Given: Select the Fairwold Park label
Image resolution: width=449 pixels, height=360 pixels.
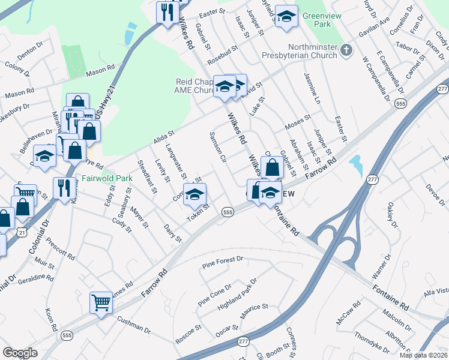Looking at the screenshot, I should click(107, 178).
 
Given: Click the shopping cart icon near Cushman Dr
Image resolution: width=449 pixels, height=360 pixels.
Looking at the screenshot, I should click(101, 302).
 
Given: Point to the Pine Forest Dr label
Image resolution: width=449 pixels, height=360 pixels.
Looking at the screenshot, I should click(223, 261).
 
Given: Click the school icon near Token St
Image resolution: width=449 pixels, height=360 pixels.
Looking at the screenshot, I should click(194, 194).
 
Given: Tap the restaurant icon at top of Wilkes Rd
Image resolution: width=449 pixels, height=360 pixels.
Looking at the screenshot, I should click(167, 13).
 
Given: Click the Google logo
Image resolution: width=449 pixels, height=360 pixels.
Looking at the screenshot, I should click(20, 352).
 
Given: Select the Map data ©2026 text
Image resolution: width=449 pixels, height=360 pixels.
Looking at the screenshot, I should click(423, 355).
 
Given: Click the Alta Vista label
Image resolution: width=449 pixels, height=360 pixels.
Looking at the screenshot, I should click(437, 290).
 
